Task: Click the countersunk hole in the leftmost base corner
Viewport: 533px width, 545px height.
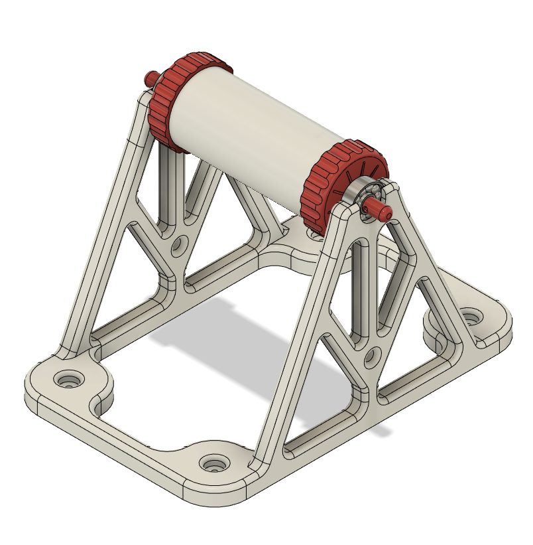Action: coord(68,382)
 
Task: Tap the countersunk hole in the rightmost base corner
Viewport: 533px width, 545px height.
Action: coord(471,317)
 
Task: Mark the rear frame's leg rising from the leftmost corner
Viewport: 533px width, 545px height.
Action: coord(106,219)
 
